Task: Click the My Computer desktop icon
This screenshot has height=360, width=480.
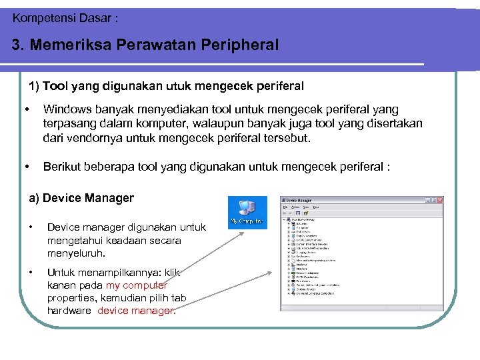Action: click(x=247, y=212)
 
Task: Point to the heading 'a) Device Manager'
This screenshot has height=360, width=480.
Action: click(x=81, y=198)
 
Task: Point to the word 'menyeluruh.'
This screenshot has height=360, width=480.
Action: click(x=77, y=253)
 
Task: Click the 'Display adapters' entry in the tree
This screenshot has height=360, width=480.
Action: click(x=307, y=235)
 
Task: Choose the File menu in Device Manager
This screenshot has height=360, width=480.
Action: click(x=285, y=208)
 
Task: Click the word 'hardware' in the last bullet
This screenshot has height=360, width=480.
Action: click(x=69, y=311)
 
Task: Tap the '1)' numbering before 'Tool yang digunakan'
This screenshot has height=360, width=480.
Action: click(x=34, y=86)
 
